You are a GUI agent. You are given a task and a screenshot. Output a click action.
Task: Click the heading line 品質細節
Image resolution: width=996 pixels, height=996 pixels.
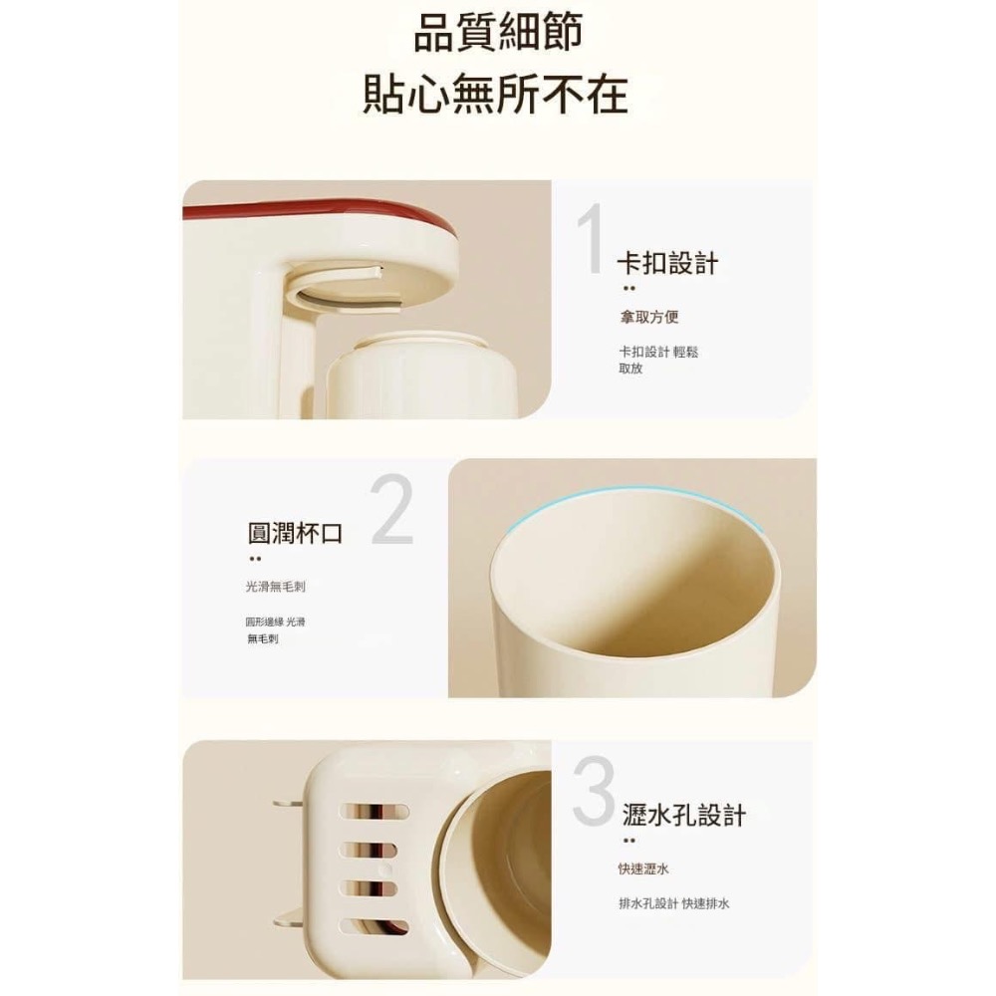coord(497,34)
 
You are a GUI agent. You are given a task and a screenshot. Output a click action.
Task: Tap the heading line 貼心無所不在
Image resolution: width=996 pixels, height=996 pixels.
coord(495,94)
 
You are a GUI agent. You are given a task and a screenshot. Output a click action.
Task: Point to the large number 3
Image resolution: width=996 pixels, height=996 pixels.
coord(595,794)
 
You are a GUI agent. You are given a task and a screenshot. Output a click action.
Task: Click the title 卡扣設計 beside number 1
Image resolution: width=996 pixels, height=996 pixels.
coord(667,264)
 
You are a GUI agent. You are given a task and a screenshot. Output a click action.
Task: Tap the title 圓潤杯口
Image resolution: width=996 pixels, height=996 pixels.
coord(295,533)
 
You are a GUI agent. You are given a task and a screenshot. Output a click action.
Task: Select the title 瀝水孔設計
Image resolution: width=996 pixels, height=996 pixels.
coord(682,816)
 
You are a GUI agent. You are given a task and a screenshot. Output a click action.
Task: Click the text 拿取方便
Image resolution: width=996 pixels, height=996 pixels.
coord(648,318)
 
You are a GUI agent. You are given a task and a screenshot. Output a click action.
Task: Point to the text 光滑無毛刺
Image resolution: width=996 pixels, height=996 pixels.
coord(275,587)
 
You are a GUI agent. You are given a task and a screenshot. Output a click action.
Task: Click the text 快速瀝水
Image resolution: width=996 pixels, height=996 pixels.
coord(643,870)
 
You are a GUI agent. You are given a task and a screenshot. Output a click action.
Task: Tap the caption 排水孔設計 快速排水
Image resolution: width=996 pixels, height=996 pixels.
coord(673,903)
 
